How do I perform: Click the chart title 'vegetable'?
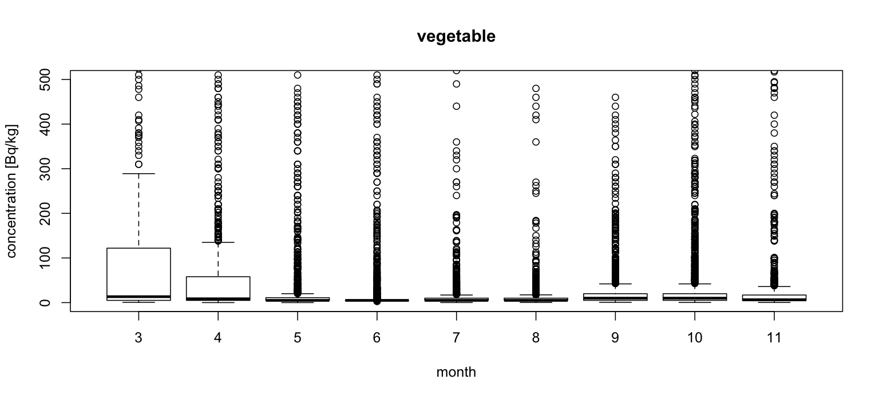[456, 37]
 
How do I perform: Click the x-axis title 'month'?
[456, 373]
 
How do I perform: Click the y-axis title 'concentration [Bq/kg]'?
[13, 190]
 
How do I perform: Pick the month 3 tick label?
[138, 338]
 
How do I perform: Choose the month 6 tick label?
[377, 338]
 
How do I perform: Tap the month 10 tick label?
[695, 338]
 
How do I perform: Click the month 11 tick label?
[774, 338]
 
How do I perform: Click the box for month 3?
[138, 269]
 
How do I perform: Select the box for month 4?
[218, 286]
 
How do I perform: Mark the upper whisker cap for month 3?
[138, 173]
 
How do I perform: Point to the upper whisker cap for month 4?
[218, 242]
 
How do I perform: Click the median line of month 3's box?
[138, 297]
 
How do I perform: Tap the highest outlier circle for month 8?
[536, 89]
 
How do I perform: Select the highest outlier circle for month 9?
[615, 97]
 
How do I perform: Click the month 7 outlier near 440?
[456, 106]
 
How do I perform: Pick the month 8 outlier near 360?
[536, 142]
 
